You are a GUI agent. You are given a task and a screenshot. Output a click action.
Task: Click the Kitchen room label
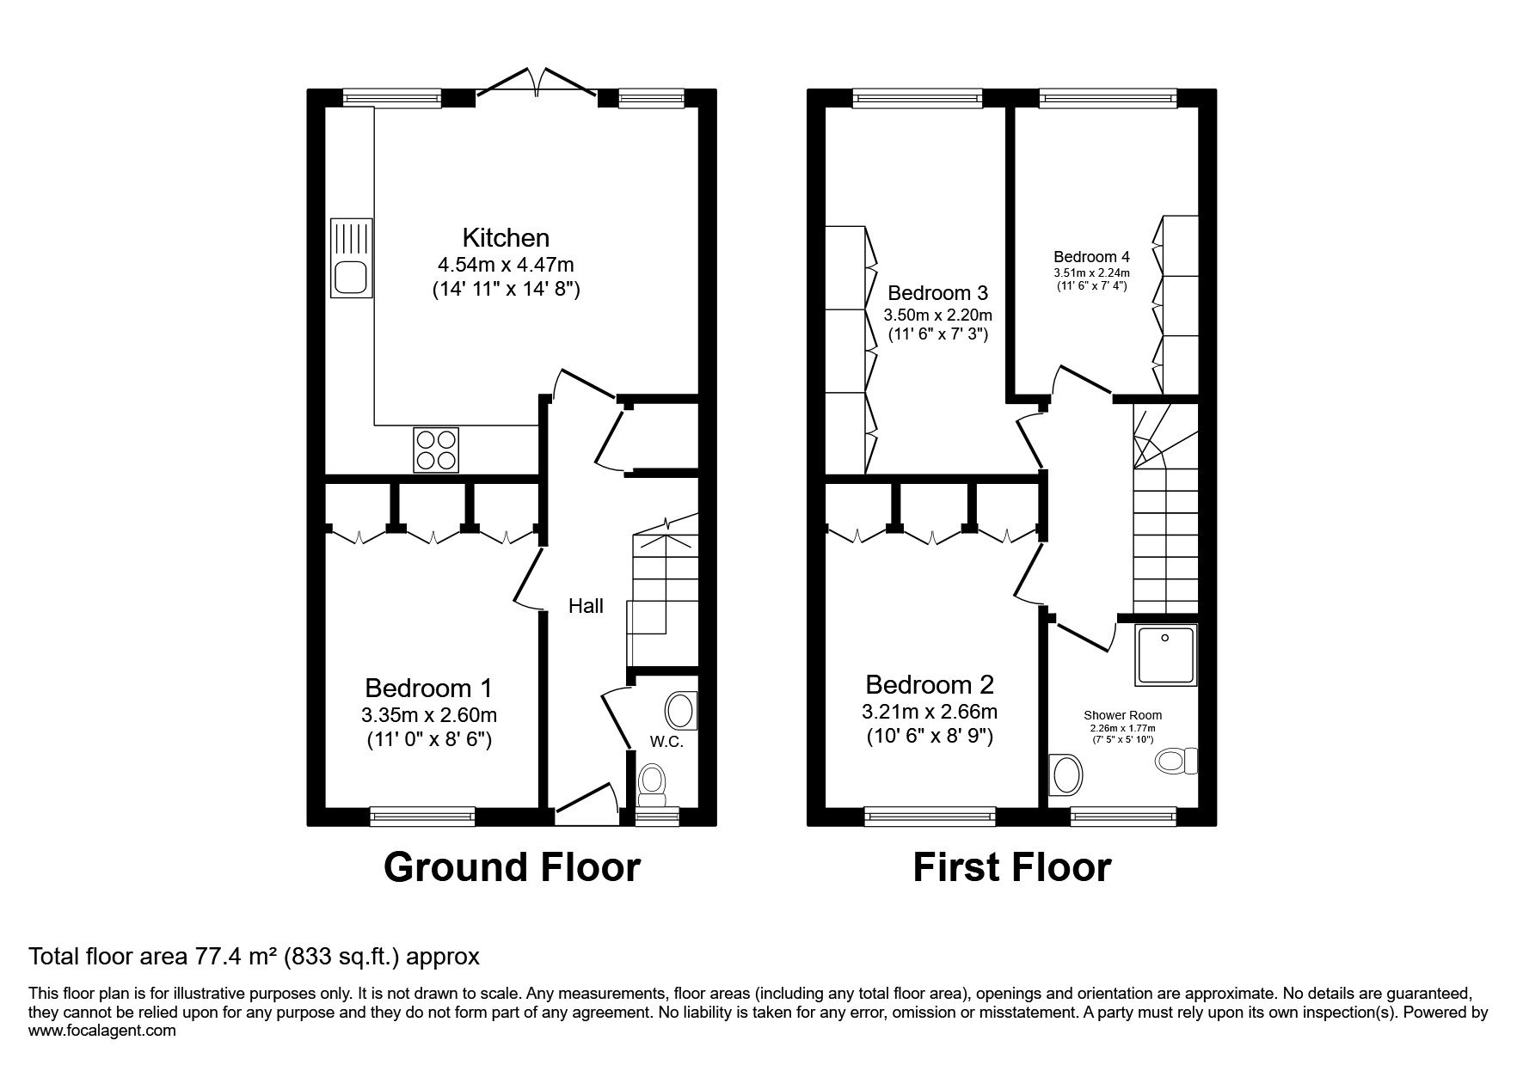click(506, 237)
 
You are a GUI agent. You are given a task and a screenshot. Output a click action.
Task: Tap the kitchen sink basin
click(351, 278)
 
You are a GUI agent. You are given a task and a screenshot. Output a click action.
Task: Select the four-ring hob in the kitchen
click(436, 450)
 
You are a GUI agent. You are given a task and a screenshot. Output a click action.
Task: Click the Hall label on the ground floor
click(586, 606)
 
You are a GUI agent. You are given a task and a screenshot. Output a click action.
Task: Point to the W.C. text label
click(667, 742)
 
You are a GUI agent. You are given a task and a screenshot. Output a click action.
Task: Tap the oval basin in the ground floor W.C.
click(679, 711)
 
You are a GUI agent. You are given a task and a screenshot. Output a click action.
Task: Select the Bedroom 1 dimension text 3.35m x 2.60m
click(429, 715)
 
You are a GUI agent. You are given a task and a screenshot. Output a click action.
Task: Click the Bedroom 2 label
click(930, 685)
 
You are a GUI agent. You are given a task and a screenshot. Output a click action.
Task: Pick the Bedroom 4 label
click(1092, 256)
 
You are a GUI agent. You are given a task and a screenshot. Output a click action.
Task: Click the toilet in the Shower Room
click(1177, 761)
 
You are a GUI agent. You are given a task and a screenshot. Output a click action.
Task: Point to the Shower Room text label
click(1122, 715)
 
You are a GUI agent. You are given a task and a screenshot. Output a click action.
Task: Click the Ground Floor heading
click(512, 867)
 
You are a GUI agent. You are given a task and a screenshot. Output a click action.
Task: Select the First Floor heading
click(1011, 867)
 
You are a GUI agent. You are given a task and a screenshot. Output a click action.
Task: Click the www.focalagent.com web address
click(102, 1031)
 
